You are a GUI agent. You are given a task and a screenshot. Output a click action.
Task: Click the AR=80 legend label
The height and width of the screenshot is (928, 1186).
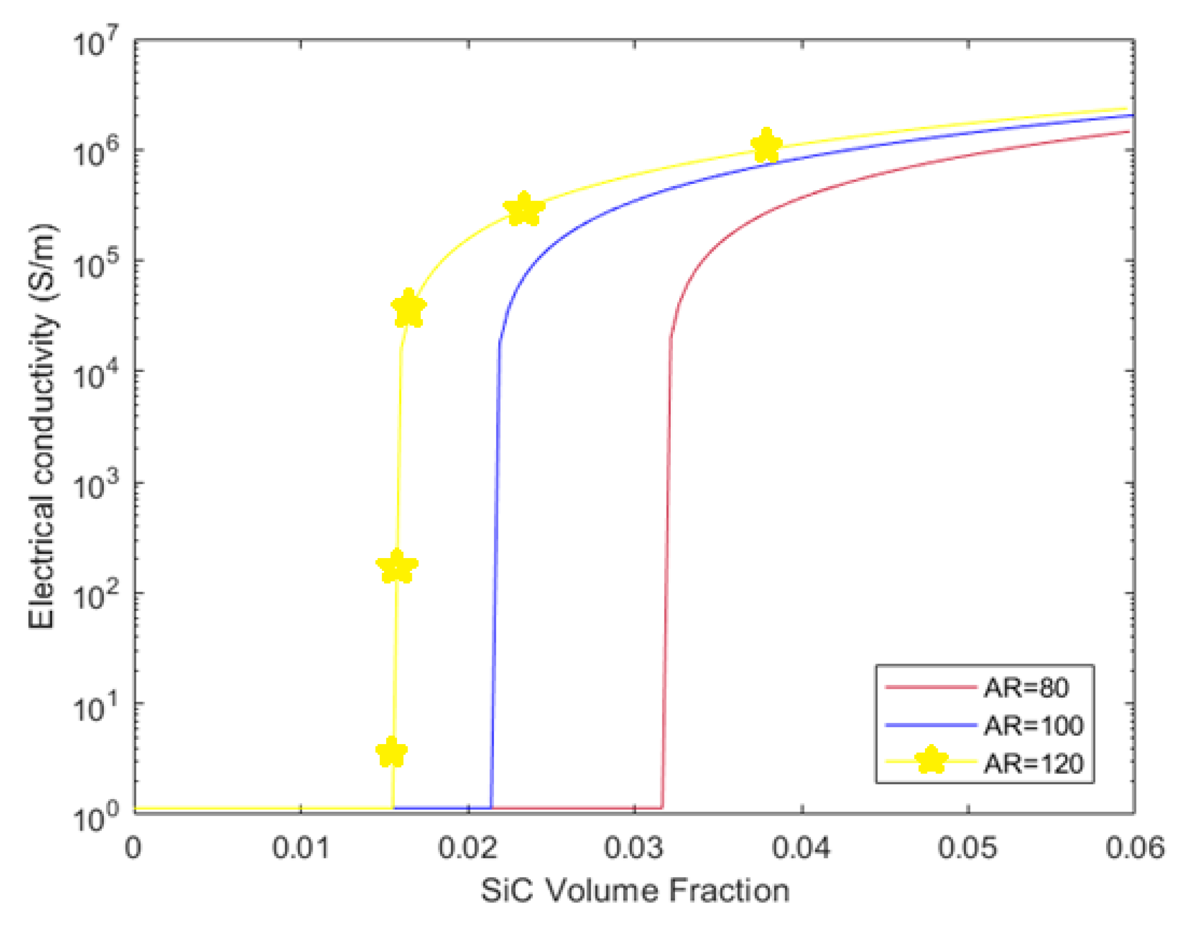(x=1026, y=688)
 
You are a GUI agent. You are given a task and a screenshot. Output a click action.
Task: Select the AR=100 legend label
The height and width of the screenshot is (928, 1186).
(x=1034, y=725)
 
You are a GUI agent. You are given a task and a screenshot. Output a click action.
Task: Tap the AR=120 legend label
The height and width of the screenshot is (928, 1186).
(x=1034, y=764)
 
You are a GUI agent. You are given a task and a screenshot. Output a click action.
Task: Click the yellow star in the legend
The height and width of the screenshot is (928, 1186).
(x=931, y=760)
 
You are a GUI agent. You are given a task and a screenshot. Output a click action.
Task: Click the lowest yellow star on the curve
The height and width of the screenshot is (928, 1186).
(x=392, y=753)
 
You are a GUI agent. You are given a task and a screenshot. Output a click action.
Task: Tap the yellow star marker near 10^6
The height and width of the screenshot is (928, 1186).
(x=766, y=146)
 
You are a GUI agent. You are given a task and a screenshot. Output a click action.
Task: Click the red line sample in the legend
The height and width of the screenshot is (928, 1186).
(x=931, y=688)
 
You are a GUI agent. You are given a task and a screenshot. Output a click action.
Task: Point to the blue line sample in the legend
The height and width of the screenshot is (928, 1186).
(x=931, y=725)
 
